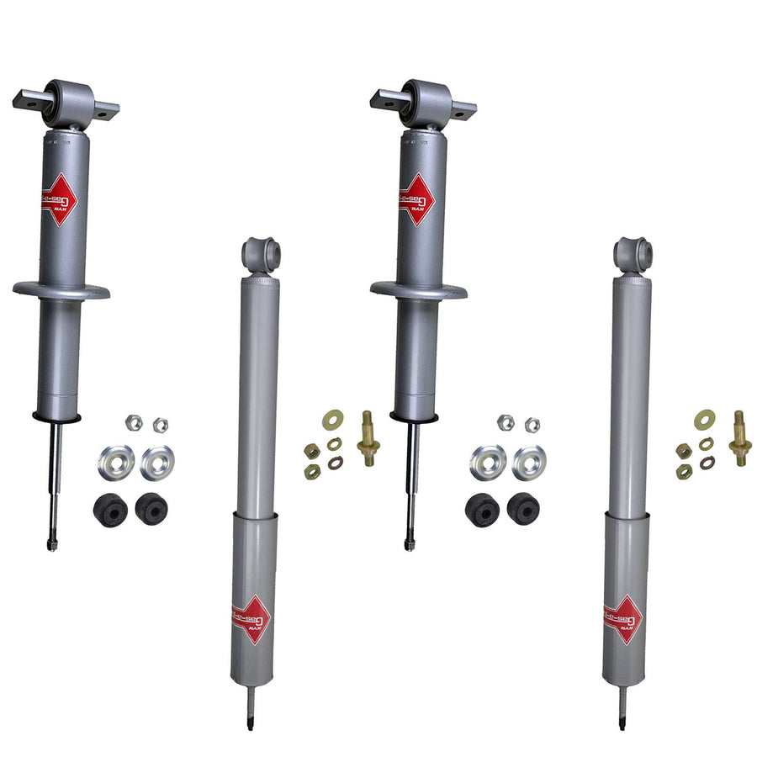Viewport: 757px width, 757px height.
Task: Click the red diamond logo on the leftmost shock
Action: point(59,199)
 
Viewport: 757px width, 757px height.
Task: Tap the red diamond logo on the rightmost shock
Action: point(623,620)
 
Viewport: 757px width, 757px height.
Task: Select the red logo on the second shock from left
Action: point(251,620)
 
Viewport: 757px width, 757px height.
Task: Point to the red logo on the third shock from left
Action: point(416,199)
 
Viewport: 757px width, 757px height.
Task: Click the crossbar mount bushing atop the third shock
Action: point(423,100)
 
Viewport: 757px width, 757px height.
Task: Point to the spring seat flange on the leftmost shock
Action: point(61,291)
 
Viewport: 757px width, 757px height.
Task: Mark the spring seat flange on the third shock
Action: point(418,291)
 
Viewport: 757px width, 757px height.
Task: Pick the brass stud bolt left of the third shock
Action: point(368,437)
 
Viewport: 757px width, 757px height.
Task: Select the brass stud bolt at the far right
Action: point(739,437)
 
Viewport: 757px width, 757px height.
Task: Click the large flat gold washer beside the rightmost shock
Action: point(704,418)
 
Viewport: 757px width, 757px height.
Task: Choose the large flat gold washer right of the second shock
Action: point(333,418)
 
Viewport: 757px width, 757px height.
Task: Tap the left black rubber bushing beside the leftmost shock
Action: point(111,509)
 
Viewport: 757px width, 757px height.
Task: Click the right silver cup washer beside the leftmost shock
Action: point(157,462)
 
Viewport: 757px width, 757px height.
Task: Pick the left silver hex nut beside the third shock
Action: point(505,422)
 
